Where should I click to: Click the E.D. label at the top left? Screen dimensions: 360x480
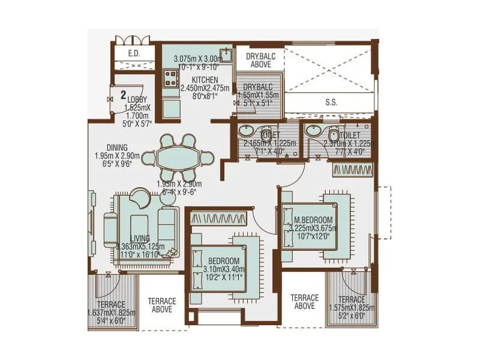(133, 54)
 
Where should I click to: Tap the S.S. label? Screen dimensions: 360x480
(331, 102)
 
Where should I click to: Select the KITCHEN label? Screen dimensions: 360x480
(205, 80)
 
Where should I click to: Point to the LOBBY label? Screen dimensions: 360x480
(137, 100)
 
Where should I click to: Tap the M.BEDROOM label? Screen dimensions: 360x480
(312, 220)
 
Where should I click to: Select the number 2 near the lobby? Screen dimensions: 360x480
(122, 95)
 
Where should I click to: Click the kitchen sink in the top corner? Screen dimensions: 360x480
(226, 56)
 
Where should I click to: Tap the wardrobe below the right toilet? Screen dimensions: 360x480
(352, 170)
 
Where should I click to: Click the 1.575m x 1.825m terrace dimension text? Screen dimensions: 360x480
(351, 308)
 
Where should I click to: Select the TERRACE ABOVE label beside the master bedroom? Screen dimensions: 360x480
(305, 302)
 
